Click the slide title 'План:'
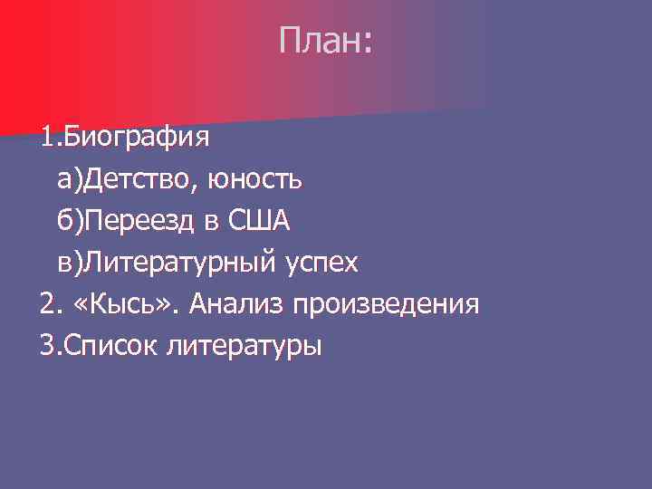pos(325,41)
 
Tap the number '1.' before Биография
pos(49,139)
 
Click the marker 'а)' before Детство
pos(70,180)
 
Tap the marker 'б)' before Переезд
pos(70,222)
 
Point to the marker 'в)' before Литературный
pos(70,264)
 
